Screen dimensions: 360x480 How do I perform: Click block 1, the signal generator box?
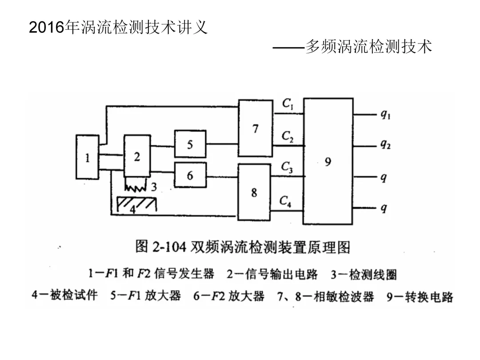pos(88,157)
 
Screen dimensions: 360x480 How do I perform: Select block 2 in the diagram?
pos(137,156)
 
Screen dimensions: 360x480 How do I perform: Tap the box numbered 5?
pos(190,144)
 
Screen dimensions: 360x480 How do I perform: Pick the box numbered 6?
pos(190,175)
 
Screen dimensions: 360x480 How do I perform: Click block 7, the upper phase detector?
pos(256,128)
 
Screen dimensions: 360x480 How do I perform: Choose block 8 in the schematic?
pos(254,192)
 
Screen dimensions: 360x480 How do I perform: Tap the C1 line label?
pos(288,104)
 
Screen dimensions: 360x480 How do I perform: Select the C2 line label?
pos(288,136)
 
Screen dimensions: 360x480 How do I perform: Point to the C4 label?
pos(286,201)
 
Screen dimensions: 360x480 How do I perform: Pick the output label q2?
pos(385,145)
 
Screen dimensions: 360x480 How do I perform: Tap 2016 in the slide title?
pos(46,28)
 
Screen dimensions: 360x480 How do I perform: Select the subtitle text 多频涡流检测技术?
pos(369,47)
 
